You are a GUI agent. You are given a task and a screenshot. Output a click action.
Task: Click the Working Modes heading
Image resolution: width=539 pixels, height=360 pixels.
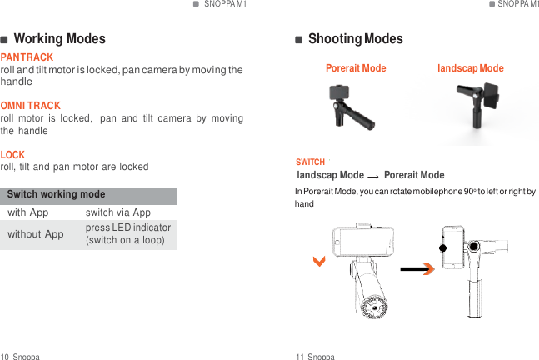click(x=59, y=39)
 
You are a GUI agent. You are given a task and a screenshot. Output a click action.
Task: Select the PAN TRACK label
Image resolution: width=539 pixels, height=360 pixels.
click(x=27, y=57)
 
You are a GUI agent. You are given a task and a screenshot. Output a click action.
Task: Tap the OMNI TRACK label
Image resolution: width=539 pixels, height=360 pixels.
click(x=31, y=106)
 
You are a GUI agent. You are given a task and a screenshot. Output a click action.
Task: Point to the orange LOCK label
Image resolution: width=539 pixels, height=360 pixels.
click(x=12, y=155)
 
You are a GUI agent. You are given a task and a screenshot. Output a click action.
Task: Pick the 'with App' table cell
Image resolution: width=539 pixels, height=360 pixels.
click(x=28, y=213)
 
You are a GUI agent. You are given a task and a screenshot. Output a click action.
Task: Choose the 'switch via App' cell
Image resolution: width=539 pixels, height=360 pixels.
click(x=117, y=213)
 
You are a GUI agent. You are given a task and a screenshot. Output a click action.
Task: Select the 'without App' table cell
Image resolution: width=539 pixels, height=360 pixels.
click(x=36, y=234)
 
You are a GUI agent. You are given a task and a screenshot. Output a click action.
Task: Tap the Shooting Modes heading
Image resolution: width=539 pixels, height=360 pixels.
click(x=355, y=39)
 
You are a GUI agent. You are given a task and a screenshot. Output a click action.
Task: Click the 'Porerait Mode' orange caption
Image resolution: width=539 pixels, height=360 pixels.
click(x=356, y=68)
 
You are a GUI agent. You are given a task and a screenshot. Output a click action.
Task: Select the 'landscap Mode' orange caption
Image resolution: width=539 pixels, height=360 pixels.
click(x=471, y=68)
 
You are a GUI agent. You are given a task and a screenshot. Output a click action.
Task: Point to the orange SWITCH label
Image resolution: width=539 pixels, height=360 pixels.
click(x=311, y=162)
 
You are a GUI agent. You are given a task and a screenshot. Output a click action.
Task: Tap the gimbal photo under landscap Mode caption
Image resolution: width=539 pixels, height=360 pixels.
click(x=480, y=109)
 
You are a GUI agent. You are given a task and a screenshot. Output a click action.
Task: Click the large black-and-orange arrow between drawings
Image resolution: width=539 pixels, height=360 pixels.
click(x=417, y=268)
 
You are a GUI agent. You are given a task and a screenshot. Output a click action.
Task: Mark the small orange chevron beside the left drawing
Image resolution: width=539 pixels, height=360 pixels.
click(x=319, y=262)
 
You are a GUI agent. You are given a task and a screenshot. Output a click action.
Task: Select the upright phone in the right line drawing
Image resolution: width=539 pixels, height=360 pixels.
click(x=453, y=247)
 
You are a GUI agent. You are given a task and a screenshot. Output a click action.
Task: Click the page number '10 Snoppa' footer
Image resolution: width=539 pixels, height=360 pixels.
click(x=21, y=356)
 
